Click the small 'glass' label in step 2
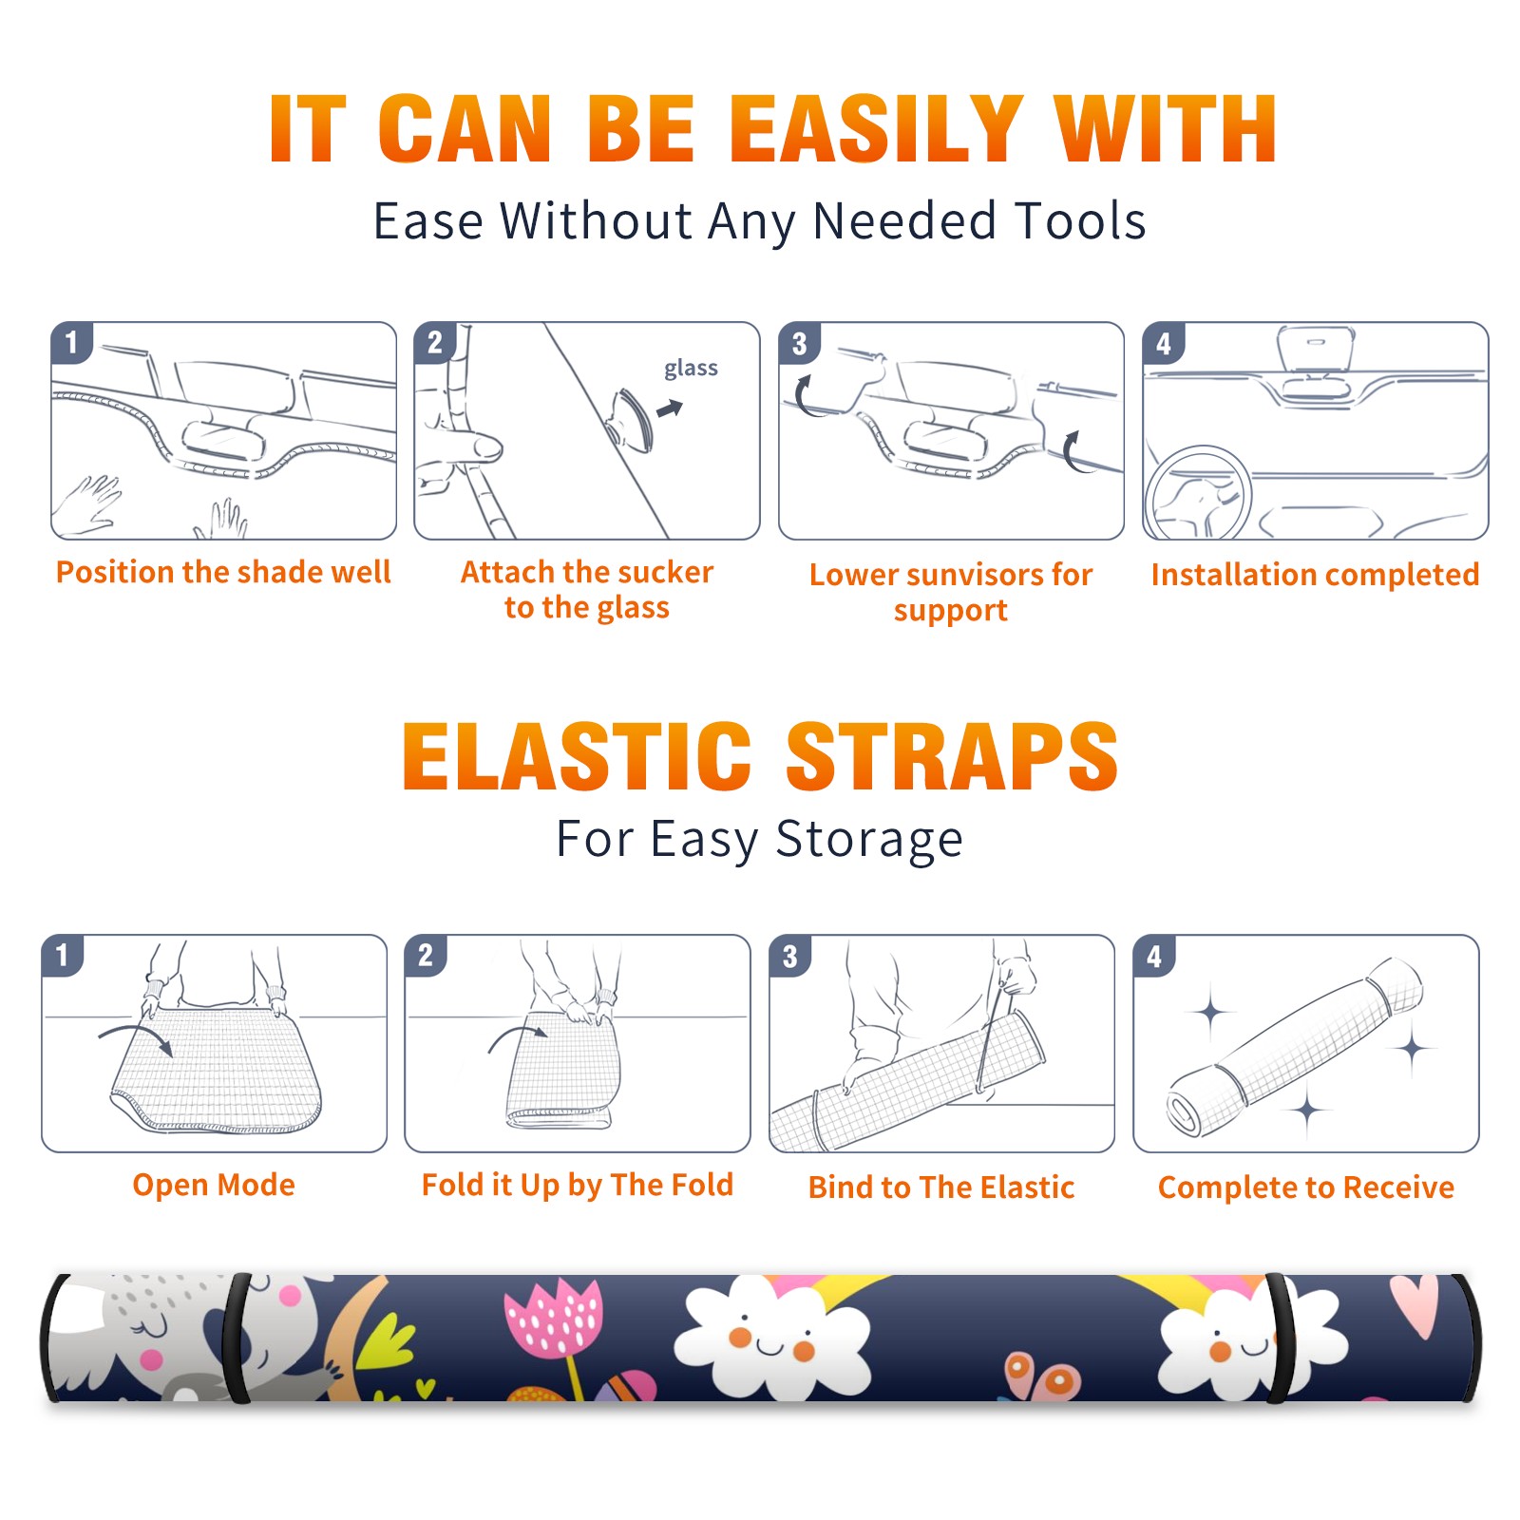click(691, 369)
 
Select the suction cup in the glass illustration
click(631, 419)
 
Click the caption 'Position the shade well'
click(223, 572)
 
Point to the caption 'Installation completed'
click(1315, 574)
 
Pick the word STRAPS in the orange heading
click(951, 756)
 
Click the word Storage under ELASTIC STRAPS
click(869, 840)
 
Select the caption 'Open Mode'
click(214, 1185)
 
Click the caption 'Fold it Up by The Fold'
click(578, 1185)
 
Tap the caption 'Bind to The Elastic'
click(941, 1187)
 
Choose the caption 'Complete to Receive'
click(1306, 1187)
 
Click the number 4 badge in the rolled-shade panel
click(1154, 956)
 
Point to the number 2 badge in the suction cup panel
click(435, 342)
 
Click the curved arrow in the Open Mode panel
click(135, 1036)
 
